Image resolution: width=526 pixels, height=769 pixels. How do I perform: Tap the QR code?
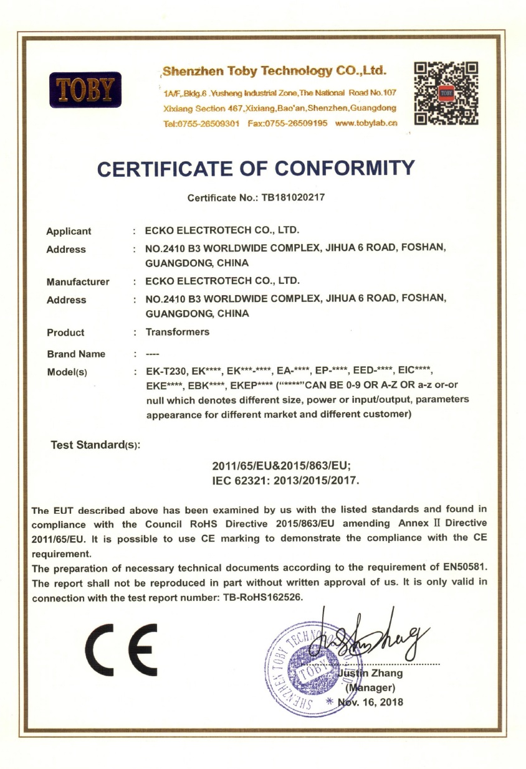[x=446, y=93]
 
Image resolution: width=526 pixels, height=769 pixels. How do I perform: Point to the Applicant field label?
[x=69, y=231]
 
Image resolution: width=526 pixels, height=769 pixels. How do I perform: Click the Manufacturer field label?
[x=78, y=281]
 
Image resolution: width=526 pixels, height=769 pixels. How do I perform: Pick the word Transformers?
[x=178, y=332]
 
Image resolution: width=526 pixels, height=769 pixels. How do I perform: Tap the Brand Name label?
[x=76, y=354]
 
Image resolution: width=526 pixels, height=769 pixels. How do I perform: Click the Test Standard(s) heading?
[x=95, y=445]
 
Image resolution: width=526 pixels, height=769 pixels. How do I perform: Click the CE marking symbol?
[x=121, y=648]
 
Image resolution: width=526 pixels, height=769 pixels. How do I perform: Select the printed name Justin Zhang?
[x=370, y=673]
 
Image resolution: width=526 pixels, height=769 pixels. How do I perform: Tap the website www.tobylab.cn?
[x=366, y=123]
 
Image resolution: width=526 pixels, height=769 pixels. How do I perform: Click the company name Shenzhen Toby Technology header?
[x=274, y=70]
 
